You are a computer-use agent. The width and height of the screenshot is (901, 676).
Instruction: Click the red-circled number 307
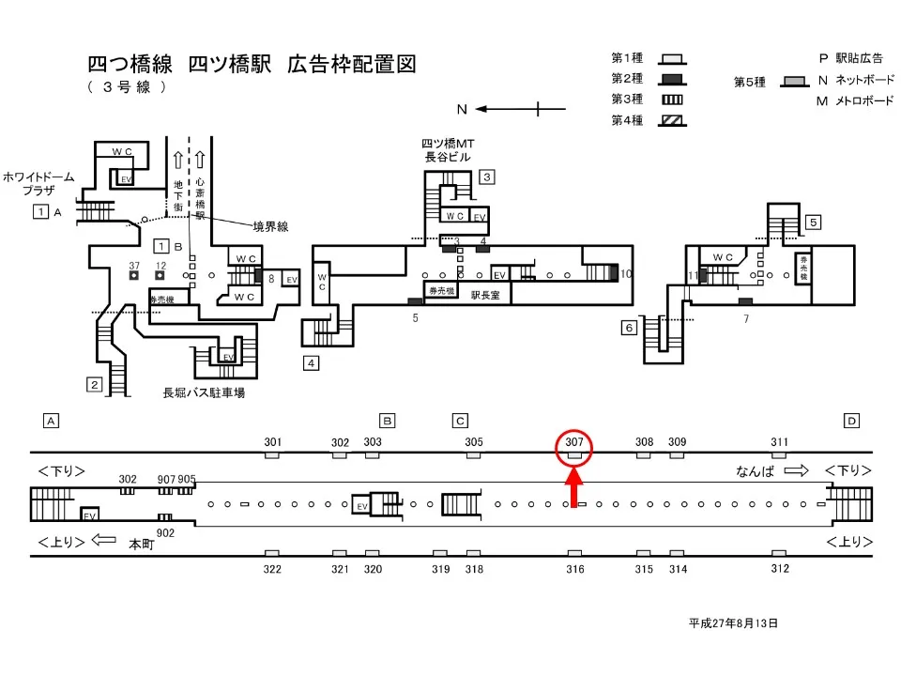574,441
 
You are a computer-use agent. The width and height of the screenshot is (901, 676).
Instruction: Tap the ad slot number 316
575,569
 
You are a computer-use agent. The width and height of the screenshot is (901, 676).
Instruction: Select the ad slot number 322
272,569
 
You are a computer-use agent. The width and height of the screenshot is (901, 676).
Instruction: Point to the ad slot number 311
779,441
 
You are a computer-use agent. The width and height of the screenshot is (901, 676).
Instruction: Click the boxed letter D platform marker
850,421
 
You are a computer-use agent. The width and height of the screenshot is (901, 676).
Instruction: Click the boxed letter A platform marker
52,421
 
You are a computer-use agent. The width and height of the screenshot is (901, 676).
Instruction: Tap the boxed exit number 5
813,223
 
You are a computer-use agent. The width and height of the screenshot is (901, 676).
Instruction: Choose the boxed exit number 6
629,328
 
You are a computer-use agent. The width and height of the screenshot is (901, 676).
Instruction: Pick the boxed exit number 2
94,383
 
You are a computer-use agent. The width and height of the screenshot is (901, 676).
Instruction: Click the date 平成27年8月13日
733,622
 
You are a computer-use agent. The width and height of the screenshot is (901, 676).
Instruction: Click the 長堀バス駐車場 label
204,392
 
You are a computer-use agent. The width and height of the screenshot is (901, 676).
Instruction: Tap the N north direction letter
462,109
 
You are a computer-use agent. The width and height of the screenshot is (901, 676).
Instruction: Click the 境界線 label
270,225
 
